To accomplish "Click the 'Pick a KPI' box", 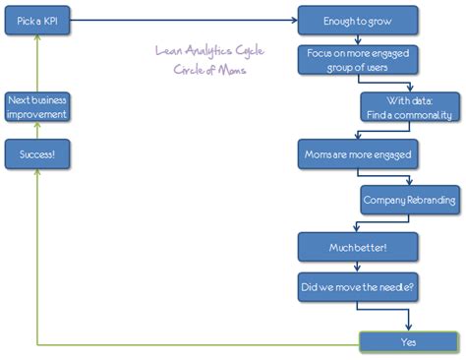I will [37, 20].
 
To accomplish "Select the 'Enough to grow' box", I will [358, 20].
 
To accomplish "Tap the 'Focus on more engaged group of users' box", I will [358, 61].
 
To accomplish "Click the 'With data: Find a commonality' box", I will [409, 106].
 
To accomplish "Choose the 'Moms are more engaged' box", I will [358, 153].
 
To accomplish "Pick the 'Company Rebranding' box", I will [409, 200].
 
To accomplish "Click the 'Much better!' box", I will [358, 246].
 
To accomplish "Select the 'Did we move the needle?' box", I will [358, 287].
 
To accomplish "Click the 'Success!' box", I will [37, 153].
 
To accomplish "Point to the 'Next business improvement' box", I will [37, 106].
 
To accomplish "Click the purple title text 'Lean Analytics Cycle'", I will [209, 52].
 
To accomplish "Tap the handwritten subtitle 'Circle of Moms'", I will [209, 71].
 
